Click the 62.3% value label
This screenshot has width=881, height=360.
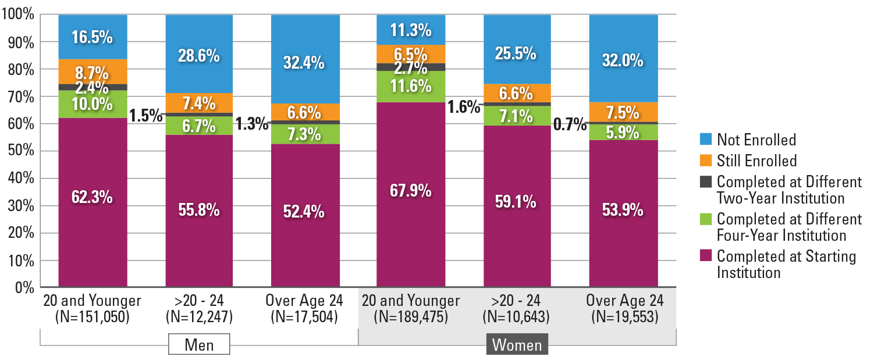coord(93,198)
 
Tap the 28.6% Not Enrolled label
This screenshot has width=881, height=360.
coord(199,56)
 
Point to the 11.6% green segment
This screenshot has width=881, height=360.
coord(411,86)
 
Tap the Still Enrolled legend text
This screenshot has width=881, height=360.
coord(756,161)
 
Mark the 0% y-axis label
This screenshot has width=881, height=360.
coord(24,287)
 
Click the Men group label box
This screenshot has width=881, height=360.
coord(199,344)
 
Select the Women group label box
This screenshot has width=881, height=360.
coord(517,345)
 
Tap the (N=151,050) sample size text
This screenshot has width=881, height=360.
coord(93,317)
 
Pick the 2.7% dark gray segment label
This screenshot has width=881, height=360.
coord(411,67)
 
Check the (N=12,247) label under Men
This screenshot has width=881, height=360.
coord(199,317)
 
